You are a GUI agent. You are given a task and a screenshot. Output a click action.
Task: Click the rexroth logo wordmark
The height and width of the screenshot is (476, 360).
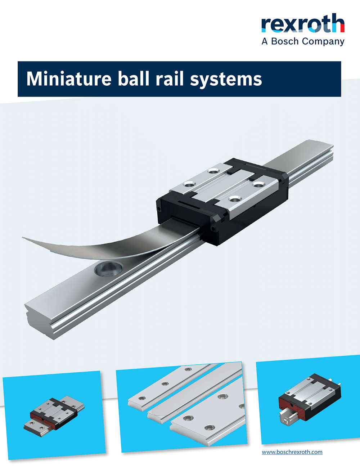click(x=303, y=24)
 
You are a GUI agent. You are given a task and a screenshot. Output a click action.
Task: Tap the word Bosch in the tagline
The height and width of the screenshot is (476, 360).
click(x=285, y=41)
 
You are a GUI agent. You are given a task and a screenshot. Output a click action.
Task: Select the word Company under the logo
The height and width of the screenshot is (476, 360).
click(x=323, y=42)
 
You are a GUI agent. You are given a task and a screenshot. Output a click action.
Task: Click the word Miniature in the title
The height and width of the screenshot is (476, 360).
click(x=69, y=79)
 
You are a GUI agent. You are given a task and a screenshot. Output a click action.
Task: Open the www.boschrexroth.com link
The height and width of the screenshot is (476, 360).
click(x=292, y=452)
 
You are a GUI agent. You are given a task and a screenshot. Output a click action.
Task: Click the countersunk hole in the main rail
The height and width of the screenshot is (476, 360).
click(x=108, y=269)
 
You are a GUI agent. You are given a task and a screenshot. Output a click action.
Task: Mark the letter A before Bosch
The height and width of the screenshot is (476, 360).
click(x=265, y=41)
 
